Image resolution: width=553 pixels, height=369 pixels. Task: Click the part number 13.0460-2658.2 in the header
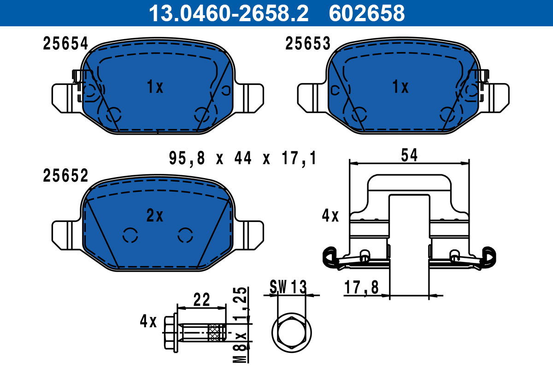click(x=228, y=13)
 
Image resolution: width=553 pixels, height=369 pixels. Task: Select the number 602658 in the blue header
click(x=366, y=13)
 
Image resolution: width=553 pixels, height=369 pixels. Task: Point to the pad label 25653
click(x=308, y=44)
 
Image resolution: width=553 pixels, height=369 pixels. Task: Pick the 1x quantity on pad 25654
click(x=155, y=87)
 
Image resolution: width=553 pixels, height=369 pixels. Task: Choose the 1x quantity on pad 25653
click(x=400, y=87)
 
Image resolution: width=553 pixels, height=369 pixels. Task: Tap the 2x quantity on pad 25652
click(x=155, y=215)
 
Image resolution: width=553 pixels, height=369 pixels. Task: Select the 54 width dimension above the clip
click(x=409, y=156)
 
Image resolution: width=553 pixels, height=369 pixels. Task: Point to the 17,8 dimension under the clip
click(x=361, y=288)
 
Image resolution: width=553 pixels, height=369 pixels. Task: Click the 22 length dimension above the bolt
click(x=201, y=300)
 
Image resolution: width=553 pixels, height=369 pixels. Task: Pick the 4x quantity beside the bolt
click(x=149, y=321)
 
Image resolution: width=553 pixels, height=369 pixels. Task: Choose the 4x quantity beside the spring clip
click(x=330, y=215)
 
